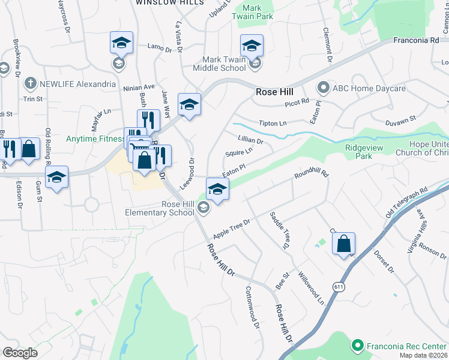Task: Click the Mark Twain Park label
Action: pos(253,12)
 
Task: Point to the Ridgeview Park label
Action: pos(359,152)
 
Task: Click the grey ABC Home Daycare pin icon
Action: pos(324,89)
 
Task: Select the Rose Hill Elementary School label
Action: pos(160,208)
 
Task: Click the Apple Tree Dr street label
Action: pos(231,229)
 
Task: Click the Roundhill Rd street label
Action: pos(312,175)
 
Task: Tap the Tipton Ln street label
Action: pos(273,123)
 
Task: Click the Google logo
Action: pos(20,353)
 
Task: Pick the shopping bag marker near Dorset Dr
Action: pos(343,244)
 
